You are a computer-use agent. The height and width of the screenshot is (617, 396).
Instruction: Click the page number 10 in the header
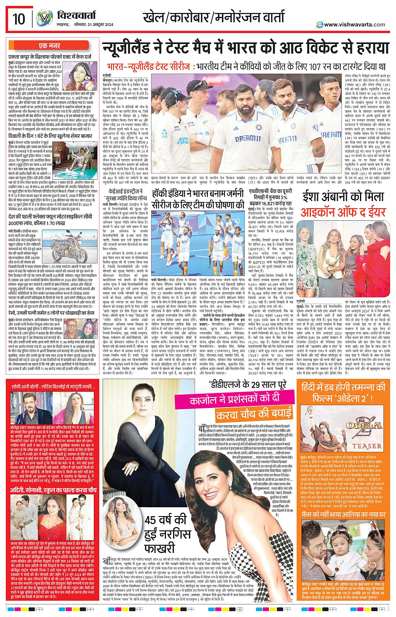18,19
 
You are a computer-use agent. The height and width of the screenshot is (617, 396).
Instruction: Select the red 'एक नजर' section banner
50,45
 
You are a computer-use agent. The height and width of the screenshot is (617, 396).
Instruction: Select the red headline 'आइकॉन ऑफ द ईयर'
343,212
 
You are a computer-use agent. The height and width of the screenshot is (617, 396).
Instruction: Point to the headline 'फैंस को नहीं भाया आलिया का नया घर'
343,514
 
